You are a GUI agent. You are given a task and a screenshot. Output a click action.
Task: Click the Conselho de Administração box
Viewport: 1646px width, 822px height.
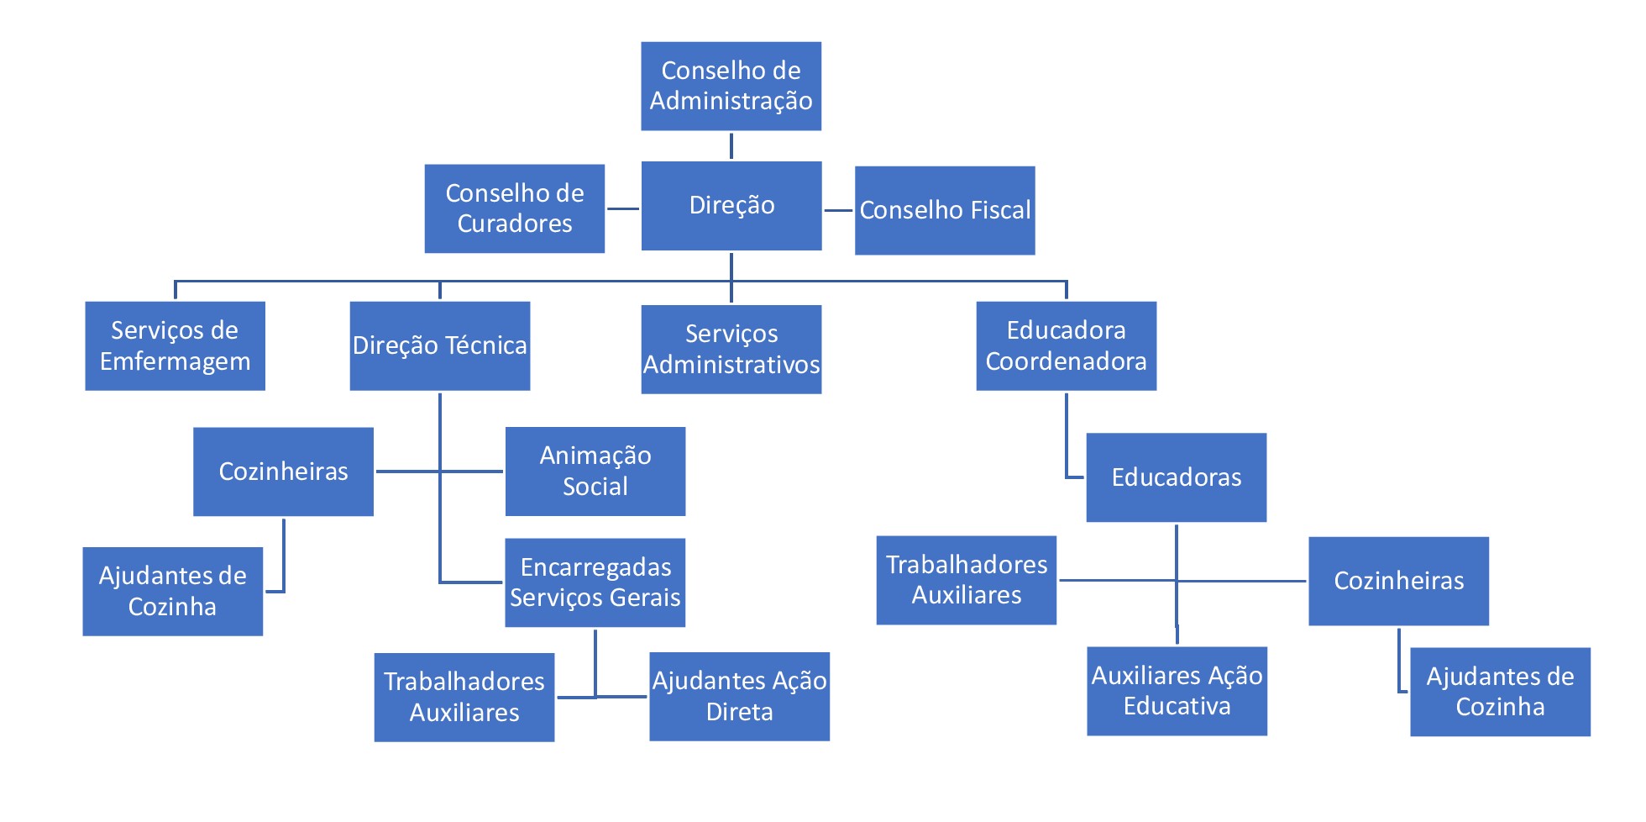click(x=731, y=86)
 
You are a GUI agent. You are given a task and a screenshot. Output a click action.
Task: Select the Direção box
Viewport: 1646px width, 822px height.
click(x=731, y=205)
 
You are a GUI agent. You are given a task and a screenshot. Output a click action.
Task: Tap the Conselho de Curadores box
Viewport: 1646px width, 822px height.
click(x=514, y=208)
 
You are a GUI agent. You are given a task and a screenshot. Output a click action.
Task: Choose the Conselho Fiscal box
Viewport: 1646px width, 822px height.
click(x=944, y=210)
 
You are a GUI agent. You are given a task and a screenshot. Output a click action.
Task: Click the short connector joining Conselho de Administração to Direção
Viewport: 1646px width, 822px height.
click(x=731, y=145)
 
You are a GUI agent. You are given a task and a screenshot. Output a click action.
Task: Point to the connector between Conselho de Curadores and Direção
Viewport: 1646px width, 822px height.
click(x=622, y=208)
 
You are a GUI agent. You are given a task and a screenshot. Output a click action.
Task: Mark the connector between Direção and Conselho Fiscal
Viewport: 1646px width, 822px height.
click(x=838, y=210)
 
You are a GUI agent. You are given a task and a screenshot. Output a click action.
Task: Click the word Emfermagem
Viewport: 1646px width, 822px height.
click(x=175, y=361)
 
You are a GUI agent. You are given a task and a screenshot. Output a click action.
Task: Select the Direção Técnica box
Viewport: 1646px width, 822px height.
click(x=439, y=345)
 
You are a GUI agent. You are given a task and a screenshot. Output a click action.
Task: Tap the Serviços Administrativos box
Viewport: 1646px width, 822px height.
click(x=731, y=349)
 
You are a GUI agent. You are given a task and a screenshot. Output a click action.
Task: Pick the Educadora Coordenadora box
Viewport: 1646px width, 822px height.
click(x=1066, y=345)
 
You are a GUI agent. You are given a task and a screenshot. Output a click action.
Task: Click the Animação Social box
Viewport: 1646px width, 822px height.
click(x=595, y=471)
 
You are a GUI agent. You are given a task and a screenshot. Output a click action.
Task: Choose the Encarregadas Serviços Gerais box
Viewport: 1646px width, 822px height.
click(x=595, y=582)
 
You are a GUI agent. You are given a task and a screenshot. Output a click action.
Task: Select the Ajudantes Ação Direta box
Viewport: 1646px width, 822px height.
click(x=739, y=696)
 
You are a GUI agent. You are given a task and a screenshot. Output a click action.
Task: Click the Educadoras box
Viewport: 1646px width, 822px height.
click(x=1176, y=477)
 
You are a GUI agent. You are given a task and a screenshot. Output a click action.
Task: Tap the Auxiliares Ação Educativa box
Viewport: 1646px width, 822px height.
click(x=1177, y=691)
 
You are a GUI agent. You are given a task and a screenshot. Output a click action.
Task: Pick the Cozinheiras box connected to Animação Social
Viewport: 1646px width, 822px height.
click(x=283, y=472)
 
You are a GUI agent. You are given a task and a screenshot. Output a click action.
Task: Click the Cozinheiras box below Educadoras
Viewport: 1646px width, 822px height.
click(x=1398, y=581)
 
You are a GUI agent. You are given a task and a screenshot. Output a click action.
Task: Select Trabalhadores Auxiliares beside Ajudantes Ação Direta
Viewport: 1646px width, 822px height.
click(x=464, y=697)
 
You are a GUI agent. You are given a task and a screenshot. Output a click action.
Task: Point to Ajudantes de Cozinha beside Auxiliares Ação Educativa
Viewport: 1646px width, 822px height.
click(x=1500, y=692)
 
